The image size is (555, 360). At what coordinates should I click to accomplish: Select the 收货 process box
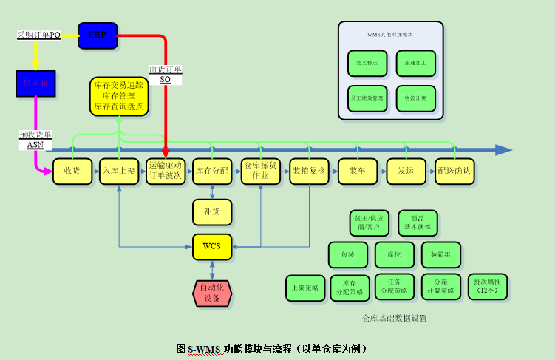(72, 171)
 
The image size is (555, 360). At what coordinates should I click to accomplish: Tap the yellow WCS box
(212, 246)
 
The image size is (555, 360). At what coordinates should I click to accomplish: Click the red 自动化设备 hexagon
(212, 293)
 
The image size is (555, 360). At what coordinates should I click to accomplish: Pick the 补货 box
(212, 211)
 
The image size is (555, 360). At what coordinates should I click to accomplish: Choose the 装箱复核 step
(309, 171)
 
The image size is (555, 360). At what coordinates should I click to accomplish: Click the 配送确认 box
(454, 171)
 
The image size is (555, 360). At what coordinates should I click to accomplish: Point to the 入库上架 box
(119, 171)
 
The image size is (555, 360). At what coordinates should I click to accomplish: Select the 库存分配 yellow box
(212, 171)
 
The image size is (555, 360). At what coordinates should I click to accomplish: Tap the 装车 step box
(357, 171)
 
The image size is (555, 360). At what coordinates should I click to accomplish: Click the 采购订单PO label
(38, 35)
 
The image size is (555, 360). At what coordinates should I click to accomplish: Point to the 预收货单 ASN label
(35, 140)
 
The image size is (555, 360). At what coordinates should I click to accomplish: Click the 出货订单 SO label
(165, 74)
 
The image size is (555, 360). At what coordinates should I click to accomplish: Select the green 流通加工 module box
(415, 64)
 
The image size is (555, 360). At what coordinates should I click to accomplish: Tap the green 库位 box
(393, 254)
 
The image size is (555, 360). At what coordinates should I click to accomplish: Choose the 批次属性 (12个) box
(487, 287)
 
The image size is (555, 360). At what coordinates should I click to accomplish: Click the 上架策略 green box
(305, 288)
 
